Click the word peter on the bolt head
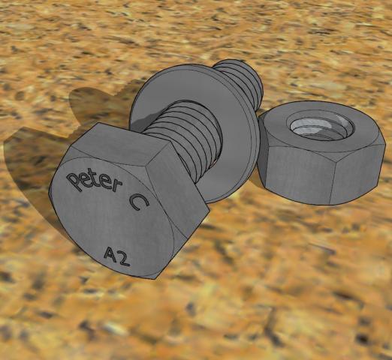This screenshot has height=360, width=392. (x=94, y=181)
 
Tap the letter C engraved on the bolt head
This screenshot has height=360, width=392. (x=138, y=202)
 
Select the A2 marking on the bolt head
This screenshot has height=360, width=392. (x=117, y=256)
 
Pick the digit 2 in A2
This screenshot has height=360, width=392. (x=123, y=259)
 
